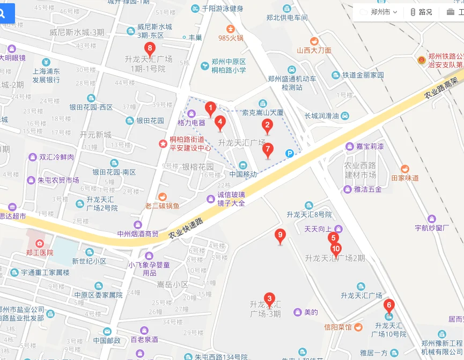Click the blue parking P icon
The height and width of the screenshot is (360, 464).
click(x=290, y=153)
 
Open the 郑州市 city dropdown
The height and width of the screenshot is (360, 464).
click(x=383, y=12)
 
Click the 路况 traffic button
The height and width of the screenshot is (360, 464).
click(x=421, y=12)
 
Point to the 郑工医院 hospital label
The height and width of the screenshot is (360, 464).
click(x=39, y=252)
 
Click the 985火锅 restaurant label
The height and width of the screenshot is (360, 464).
click(x=231, y=38)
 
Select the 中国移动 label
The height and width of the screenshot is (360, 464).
click(x=244, y=174)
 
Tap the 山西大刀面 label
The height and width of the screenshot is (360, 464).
click(x=314, y=50)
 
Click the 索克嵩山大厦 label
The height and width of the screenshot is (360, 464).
click(x=263, y=113)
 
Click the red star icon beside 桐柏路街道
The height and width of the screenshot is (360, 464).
click(x=162, y=143)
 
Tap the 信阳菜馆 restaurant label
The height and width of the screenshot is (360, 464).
click(x=338, y=327)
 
